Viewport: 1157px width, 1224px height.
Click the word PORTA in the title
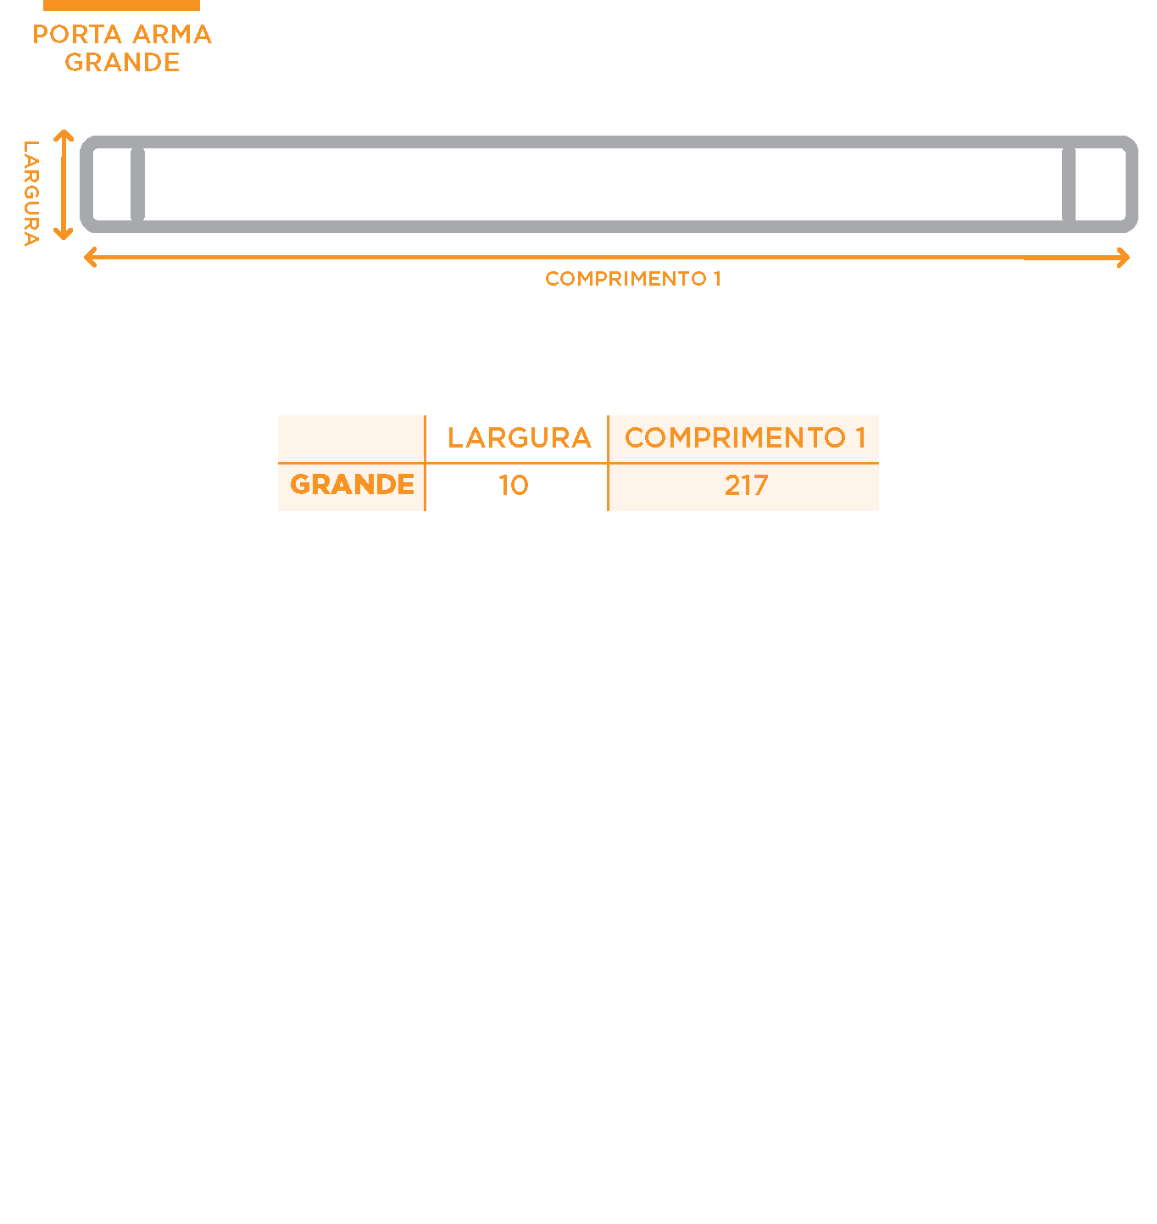76,34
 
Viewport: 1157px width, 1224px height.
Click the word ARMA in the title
172,34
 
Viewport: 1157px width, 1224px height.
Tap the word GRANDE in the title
122,62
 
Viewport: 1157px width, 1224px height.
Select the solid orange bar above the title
121,5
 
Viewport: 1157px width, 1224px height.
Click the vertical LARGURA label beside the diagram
31,193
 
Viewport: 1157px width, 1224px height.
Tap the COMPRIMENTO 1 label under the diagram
632,278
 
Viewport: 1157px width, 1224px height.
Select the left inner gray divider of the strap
137,184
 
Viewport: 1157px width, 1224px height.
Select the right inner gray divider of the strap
1069,184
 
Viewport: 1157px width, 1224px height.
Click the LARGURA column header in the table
520,437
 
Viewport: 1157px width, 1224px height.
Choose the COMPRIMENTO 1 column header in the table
745,437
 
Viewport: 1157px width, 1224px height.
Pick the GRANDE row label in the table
352,484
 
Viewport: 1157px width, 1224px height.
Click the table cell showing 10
514,485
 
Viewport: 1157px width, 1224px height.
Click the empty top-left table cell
351,439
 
